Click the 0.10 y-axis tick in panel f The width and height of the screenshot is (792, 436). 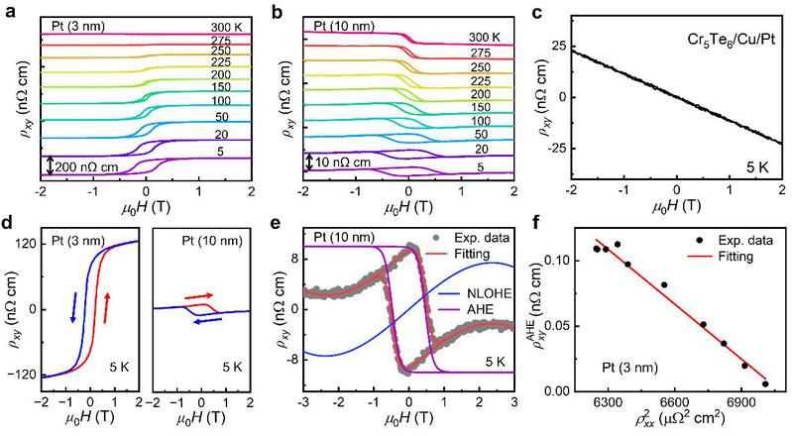571,260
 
